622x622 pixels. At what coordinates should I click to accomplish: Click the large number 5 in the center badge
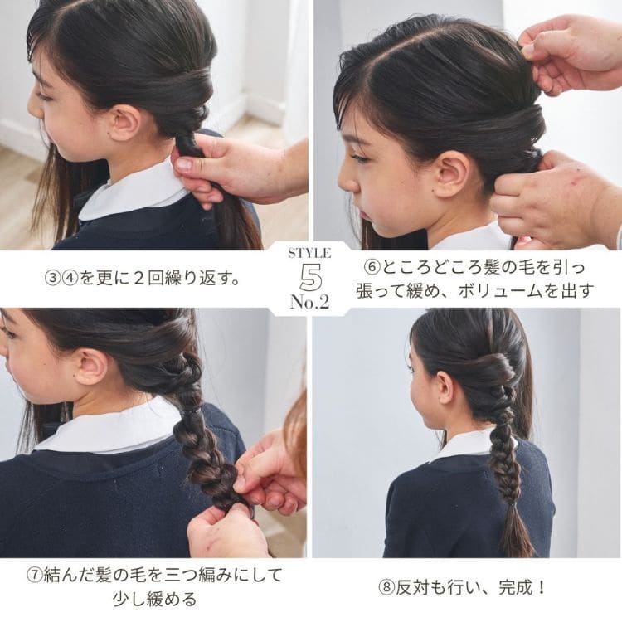click(310, 275)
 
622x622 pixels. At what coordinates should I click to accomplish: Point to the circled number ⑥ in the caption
click(372, 268)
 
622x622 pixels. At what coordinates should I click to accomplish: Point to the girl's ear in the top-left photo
click(125, 122)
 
